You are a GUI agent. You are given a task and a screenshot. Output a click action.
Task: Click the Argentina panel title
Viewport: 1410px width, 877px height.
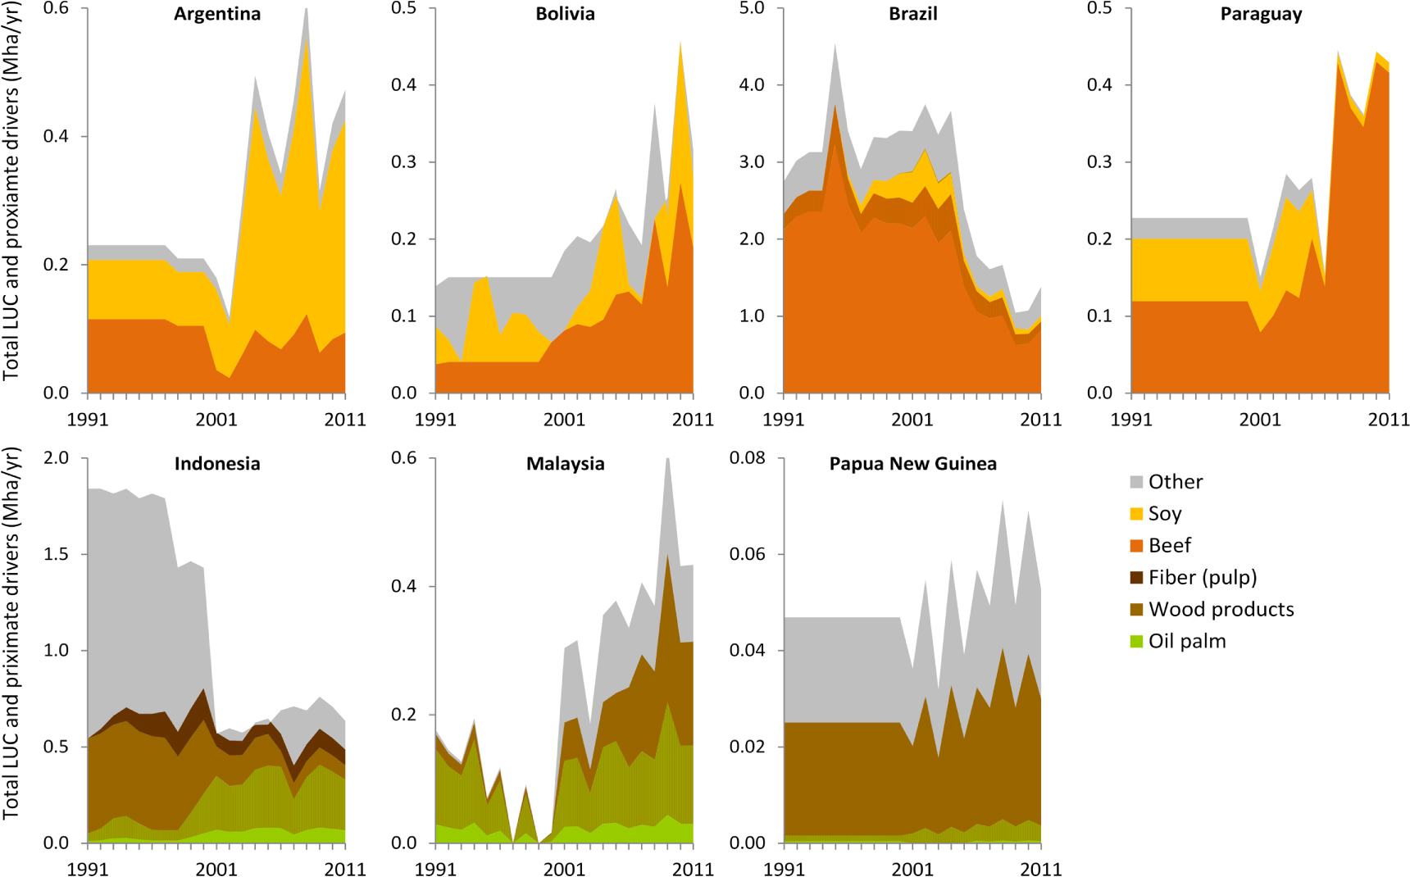click(x=216, y=14)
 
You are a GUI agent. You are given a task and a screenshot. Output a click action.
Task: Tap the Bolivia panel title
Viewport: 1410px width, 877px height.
click(x=565, y=14)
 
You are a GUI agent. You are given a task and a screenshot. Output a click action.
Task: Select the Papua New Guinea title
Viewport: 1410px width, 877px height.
click(x=912, y=464)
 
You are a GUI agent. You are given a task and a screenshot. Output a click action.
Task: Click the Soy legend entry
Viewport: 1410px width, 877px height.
click(x=1164, y=514)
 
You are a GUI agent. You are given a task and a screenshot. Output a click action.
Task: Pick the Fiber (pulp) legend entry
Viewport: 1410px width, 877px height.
click(x=1202, y=578)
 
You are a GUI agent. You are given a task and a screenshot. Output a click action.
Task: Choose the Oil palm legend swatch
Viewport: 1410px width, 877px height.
click(x=1136, y=642)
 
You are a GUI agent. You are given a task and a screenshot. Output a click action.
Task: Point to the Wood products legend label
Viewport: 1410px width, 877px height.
click(x=1221, y=610)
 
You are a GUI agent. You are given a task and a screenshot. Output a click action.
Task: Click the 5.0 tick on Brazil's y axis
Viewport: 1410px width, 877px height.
click(x=752, y=8)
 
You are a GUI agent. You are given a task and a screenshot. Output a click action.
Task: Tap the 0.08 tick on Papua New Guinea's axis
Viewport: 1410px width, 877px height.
click(x=747, y=457)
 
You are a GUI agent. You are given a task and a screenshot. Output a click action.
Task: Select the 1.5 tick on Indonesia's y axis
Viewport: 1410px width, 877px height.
click(x=56, y=554)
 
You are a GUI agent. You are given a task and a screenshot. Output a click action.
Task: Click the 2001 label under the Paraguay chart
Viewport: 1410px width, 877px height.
click(x=1259, y=420)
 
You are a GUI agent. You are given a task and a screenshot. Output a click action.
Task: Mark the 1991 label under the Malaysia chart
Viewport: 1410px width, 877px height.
click(x=435, y=869)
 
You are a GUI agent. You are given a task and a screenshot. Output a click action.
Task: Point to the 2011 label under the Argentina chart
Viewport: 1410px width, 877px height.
click(x=344, y=420)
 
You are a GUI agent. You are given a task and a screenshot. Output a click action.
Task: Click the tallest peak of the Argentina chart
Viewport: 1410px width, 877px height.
click(x=306, y=10)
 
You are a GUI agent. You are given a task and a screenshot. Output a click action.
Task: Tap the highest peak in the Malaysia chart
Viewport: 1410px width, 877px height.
click(x=667, y=460)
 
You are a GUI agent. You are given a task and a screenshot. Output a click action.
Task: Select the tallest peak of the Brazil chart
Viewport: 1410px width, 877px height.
click(x=835, y=45)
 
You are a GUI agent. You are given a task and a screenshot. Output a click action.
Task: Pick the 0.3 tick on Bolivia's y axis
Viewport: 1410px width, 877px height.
click(x=403, y=162)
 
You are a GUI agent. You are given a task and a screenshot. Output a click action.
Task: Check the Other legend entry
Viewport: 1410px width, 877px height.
click(x=1175, y=482)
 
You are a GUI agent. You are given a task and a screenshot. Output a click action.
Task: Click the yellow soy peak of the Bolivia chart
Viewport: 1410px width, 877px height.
click(x=681, y=43)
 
